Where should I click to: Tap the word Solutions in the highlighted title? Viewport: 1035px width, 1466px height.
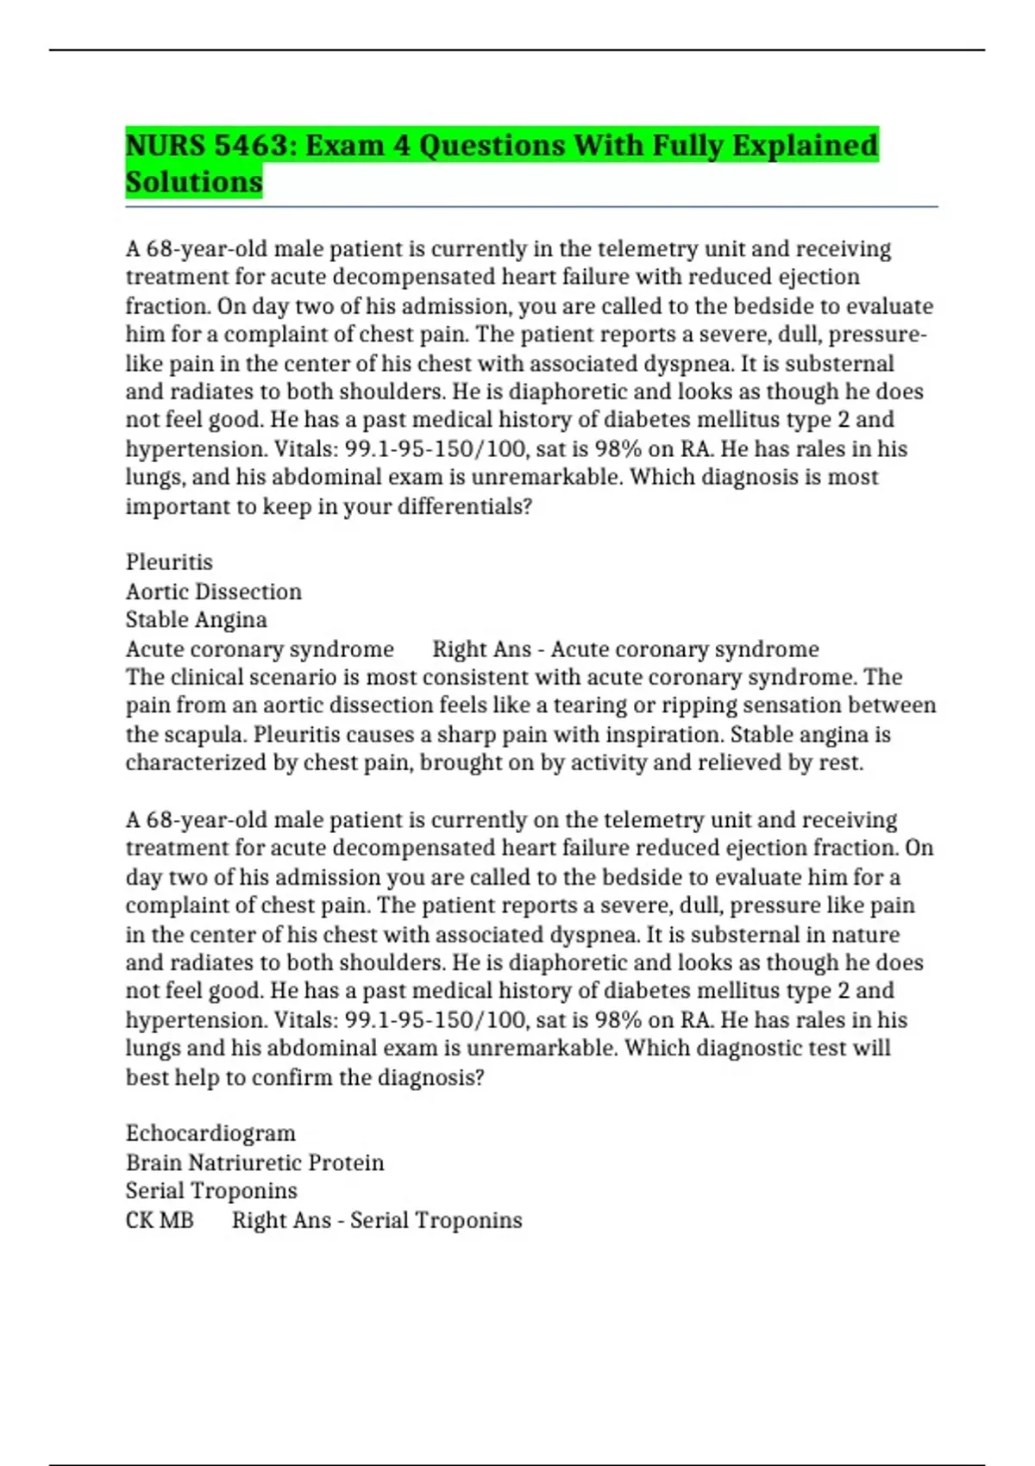point(194,182)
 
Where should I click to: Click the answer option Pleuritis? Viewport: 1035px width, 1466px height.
point(169,562)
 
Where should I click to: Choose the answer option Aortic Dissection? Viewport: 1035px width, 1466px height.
point(214,592)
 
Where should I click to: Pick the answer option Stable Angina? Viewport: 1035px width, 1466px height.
point(197,620)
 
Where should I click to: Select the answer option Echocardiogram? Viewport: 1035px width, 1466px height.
point(210,1133)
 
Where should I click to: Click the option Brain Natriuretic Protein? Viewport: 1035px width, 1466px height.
point(254,1162)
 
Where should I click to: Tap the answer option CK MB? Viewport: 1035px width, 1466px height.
point(160,1220)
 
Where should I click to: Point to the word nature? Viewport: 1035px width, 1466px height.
point(865,935)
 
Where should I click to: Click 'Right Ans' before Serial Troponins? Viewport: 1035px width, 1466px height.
point(281,1220)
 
